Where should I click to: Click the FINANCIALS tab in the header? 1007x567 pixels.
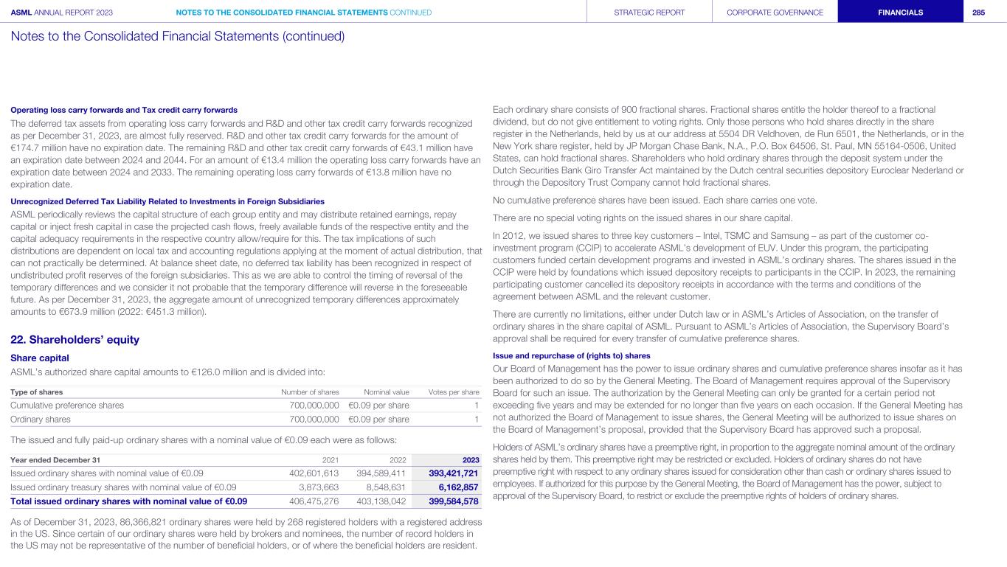pyautogui.click(x=900, y=12)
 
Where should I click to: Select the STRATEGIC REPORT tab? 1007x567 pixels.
pyautogui.click(x=649, y=12)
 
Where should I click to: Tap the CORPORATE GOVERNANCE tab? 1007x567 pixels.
pyautogui.click(x=775, y=12)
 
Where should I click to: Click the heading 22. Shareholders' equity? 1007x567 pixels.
pyautogui.click(x=75, y=340)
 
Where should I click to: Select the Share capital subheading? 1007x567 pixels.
pyautogui.click(x=40, y=358)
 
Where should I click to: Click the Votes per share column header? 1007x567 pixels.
pyautogui.click(x=454, y=392)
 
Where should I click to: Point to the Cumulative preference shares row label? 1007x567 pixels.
pyautogui.click(x=67, y=405)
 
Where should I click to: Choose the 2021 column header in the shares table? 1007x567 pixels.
pyautogui.click(x=331, y=459)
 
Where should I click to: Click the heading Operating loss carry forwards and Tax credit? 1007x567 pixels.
pyautogui.click(x=124, y=110)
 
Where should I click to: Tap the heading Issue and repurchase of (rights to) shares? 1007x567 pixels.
pyautogui.click(x=571, y=355)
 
